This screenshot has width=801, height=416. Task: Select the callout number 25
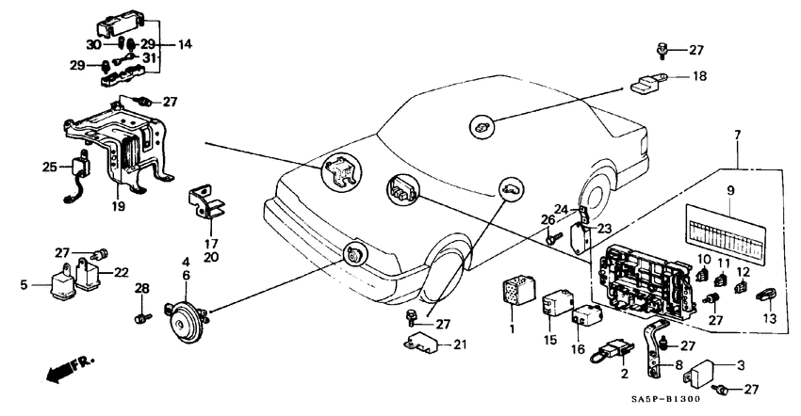point(48,167)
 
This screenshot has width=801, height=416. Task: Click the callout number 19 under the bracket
point(118,206)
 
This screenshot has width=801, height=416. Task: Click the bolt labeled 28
point(140,317)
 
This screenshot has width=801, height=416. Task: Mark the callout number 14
point(183,44)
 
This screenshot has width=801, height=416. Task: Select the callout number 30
point(93,44)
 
